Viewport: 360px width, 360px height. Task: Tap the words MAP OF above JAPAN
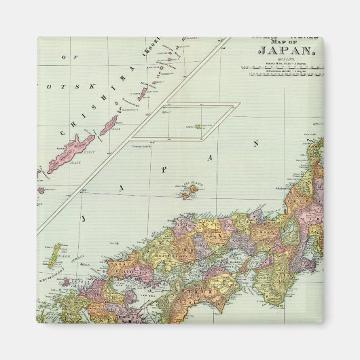[276, 46]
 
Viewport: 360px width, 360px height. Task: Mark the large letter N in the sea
[256, 143]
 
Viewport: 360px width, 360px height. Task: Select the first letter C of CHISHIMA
[67, 136]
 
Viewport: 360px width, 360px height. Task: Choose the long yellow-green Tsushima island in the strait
[54, 255]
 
